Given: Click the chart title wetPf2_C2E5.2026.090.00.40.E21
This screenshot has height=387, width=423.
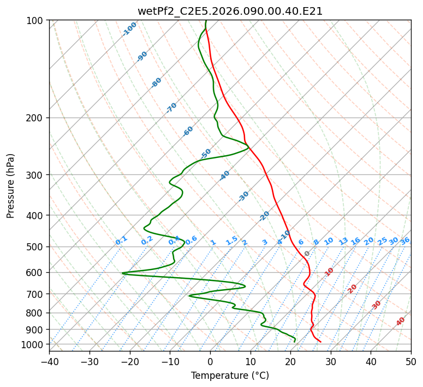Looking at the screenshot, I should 230,11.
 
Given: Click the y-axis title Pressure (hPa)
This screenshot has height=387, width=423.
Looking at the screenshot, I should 10,185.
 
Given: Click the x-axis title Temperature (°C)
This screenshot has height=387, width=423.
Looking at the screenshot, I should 230,376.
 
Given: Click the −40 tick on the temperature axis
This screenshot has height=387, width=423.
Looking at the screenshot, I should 49,361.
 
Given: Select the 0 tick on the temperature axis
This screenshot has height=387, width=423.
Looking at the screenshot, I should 210,361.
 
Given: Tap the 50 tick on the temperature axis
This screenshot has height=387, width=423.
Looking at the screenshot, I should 411,361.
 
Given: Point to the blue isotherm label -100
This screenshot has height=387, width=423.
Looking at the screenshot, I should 130,29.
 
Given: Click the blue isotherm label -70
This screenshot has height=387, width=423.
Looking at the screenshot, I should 172,108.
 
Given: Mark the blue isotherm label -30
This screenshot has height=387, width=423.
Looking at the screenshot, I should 243,196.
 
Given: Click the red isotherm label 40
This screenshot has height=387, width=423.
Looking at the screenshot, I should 401,321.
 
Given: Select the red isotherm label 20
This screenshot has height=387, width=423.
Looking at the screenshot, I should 352,289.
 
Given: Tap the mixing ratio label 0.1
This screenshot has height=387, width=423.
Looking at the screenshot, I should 121,241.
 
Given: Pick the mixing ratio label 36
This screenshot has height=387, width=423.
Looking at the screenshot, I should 405,241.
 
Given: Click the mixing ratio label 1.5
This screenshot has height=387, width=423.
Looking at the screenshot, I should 231,241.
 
